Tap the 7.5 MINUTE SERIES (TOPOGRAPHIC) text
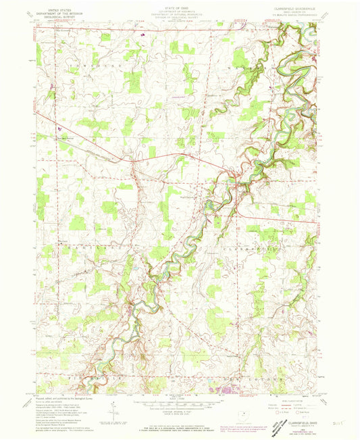(x=290, y=16)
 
